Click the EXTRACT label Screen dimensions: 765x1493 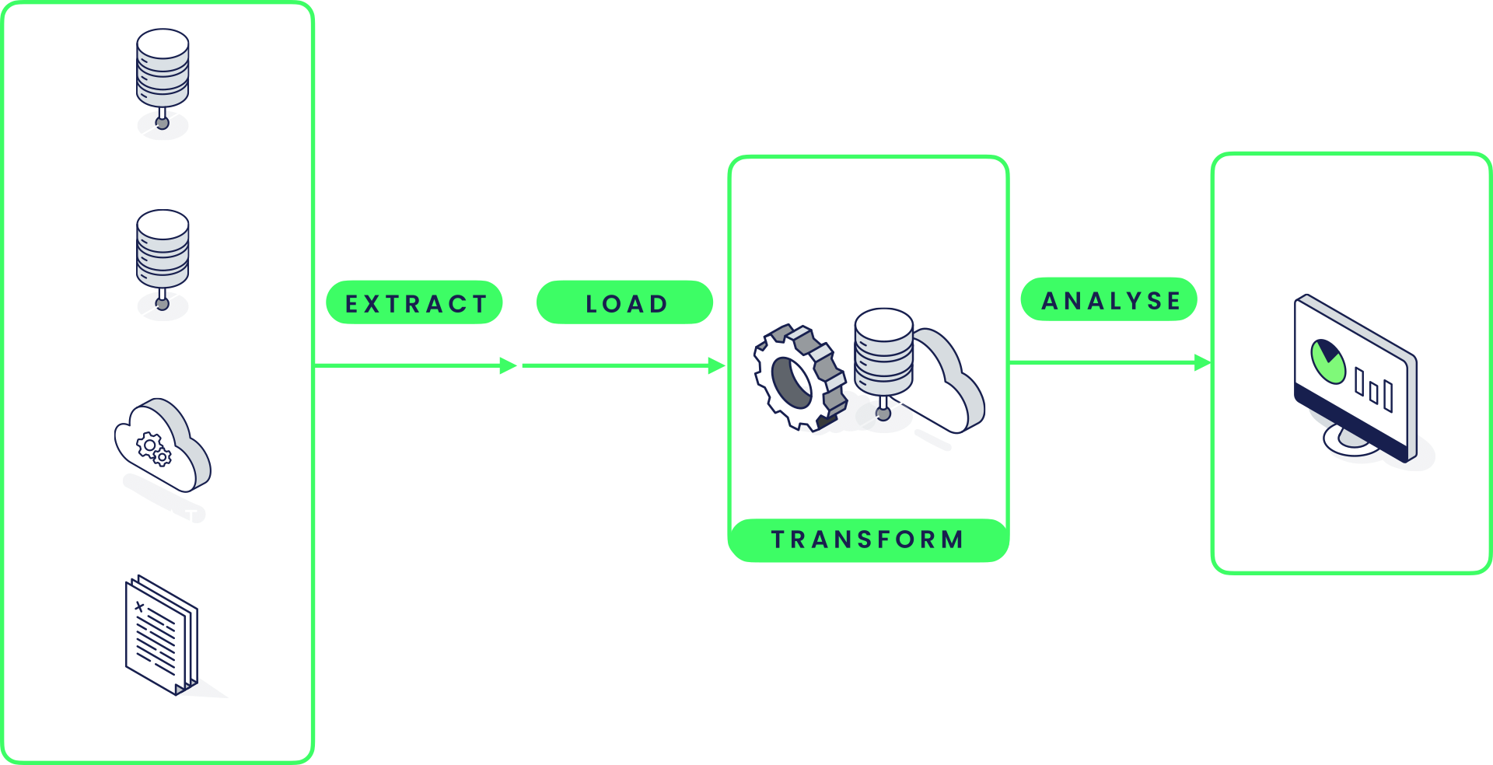point(414,303)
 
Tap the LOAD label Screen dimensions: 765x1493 point(625,303)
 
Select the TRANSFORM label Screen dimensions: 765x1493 point(868,540)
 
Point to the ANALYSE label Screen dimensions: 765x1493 point(1110,300)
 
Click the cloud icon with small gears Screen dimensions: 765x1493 point(161,445)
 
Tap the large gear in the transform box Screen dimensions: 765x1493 point(799,378)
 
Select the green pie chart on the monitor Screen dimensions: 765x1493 point(1327,361)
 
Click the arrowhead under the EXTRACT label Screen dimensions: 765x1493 point(509,365)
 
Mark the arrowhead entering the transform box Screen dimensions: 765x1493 point(717,365)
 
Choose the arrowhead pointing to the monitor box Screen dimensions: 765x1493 point(1202,362)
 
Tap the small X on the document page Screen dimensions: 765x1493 point(139,606)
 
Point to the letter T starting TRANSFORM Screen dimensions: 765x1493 point(778,540)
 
